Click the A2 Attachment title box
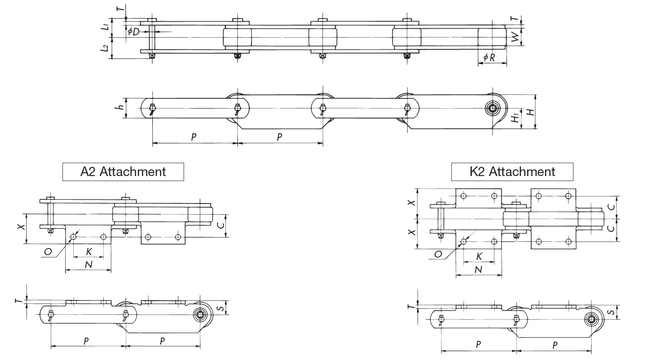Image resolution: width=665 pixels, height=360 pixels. pyautogui.click(x=123, y=172)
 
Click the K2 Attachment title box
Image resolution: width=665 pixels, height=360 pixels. pyautogui.click(x=512, y=172)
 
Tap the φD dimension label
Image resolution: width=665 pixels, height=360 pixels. pyautogui.click(x=133, y=32)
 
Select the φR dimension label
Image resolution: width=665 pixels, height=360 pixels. pyautogui.click(x=490, y=58)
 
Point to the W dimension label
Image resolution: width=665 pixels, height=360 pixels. pyautogui.click(x=516, y=37)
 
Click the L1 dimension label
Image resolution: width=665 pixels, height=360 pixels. pyautogui.click(x=106, y=27)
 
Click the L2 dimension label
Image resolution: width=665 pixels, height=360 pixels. pyautogui.click(x=106, y=48)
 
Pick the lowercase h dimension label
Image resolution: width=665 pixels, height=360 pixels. pyautogui.click(x=120, y=107)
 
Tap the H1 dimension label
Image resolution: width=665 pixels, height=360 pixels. pyautogui.click(x=516, y=118)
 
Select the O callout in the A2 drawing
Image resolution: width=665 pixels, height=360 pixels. pyautogui.click(x=48, y=252)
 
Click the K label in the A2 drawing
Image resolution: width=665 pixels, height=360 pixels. pyautogui.click(x=89, y=252)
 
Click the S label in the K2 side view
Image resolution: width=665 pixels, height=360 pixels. pyautogui.click(x=612, y=312)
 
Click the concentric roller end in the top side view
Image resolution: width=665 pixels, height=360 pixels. pyautogui.click(x=494, y=109)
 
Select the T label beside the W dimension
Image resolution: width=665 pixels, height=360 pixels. pyautogui.click(x=516, y=19)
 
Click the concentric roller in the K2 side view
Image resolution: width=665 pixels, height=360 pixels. pyautogui.click(x=590, y=320)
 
